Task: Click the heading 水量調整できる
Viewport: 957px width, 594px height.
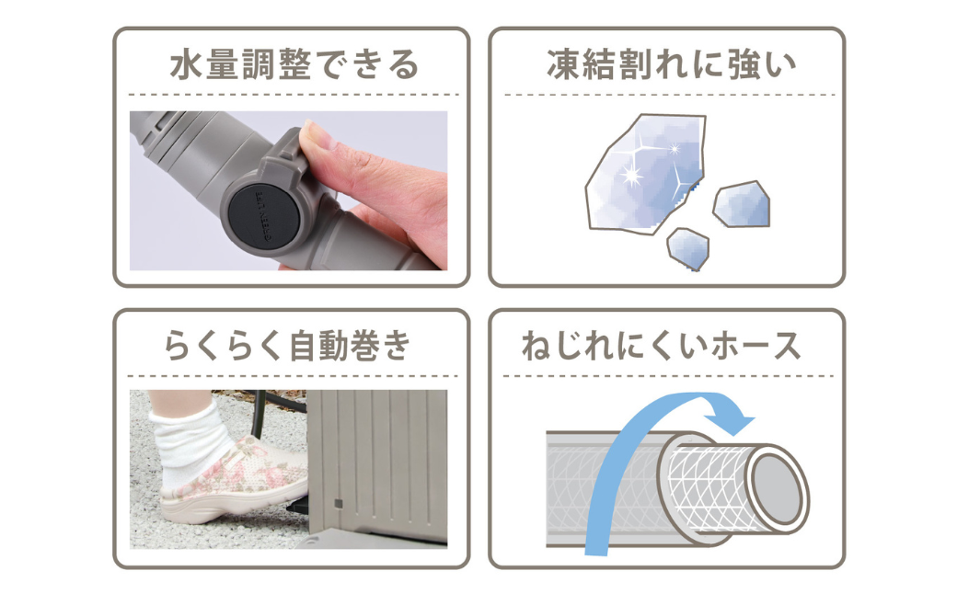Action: (294, 64)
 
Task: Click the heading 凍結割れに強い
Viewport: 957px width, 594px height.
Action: (672, 64)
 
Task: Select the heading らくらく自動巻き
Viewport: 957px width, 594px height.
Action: (287, 346)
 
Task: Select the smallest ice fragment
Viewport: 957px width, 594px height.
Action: (688, 249)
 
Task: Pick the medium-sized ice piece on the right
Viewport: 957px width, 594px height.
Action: (742, 205)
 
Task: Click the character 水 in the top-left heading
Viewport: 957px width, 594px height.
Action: (186, 65)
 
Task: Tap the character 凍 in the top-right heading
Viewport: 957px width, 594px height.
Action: (562, 65)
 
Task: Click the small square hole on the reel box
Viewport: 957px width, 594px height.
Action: (338, 504)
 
